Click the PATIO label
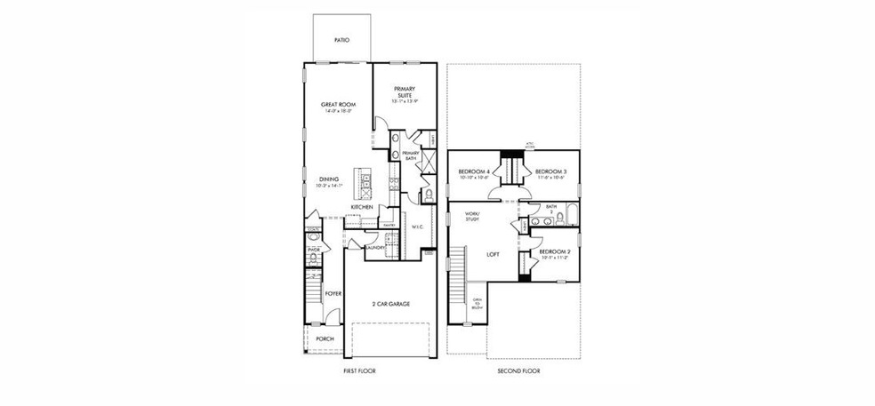tap(341, 41)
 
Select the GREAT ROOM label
tap(338, 105)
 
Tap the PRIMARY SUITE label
tap(405, 92)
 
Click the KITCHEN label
tap(361, 207)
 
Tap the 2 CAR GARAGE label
tap(391, 303)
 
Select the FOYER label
tap(333, 291)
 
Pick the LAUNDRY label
tap(374, 248)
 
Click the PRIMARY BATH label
tap(410, 155)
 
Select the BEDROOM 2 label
tap(555, 252)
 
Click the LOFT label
tap(493, 254)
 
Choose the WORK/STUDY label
tap(472, 216)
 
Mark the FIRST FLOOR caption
tap(359, 370)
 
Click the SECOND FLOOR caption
tap(518, 370)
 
